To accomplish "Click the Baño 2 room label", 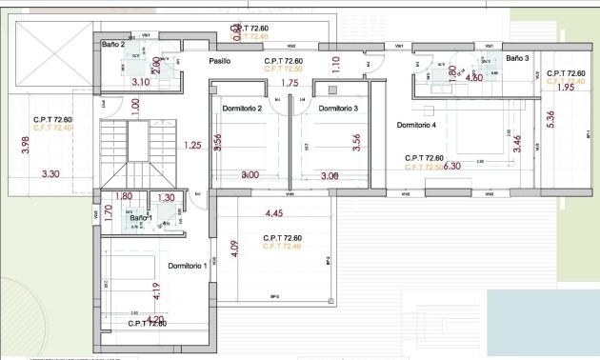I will pos(113,45).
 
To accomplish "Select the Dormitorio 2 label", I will pos(242,109).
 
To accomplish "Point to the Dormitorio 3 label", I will pos(337,109).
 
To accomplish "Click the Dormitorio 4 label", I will pos(415,125).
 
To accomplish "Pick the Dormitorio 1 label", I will pos(188,266).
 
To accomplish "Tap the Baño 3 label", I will pos(517,58).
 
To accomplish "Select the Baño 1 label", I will pos(141,218).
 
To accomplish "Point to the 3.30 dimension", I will pos(51,174).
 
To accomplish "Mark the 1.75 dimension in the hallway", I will pos(290,84).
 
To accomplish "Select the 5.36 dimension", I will pos(550,121).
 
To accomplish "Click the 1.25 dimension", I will pos(192,145).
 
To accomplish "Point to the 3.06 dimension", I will pos(330,176).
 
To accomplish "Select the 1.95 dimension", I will pos(564,88).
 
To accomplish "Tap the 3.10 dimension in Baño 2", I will pos(140,83).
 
